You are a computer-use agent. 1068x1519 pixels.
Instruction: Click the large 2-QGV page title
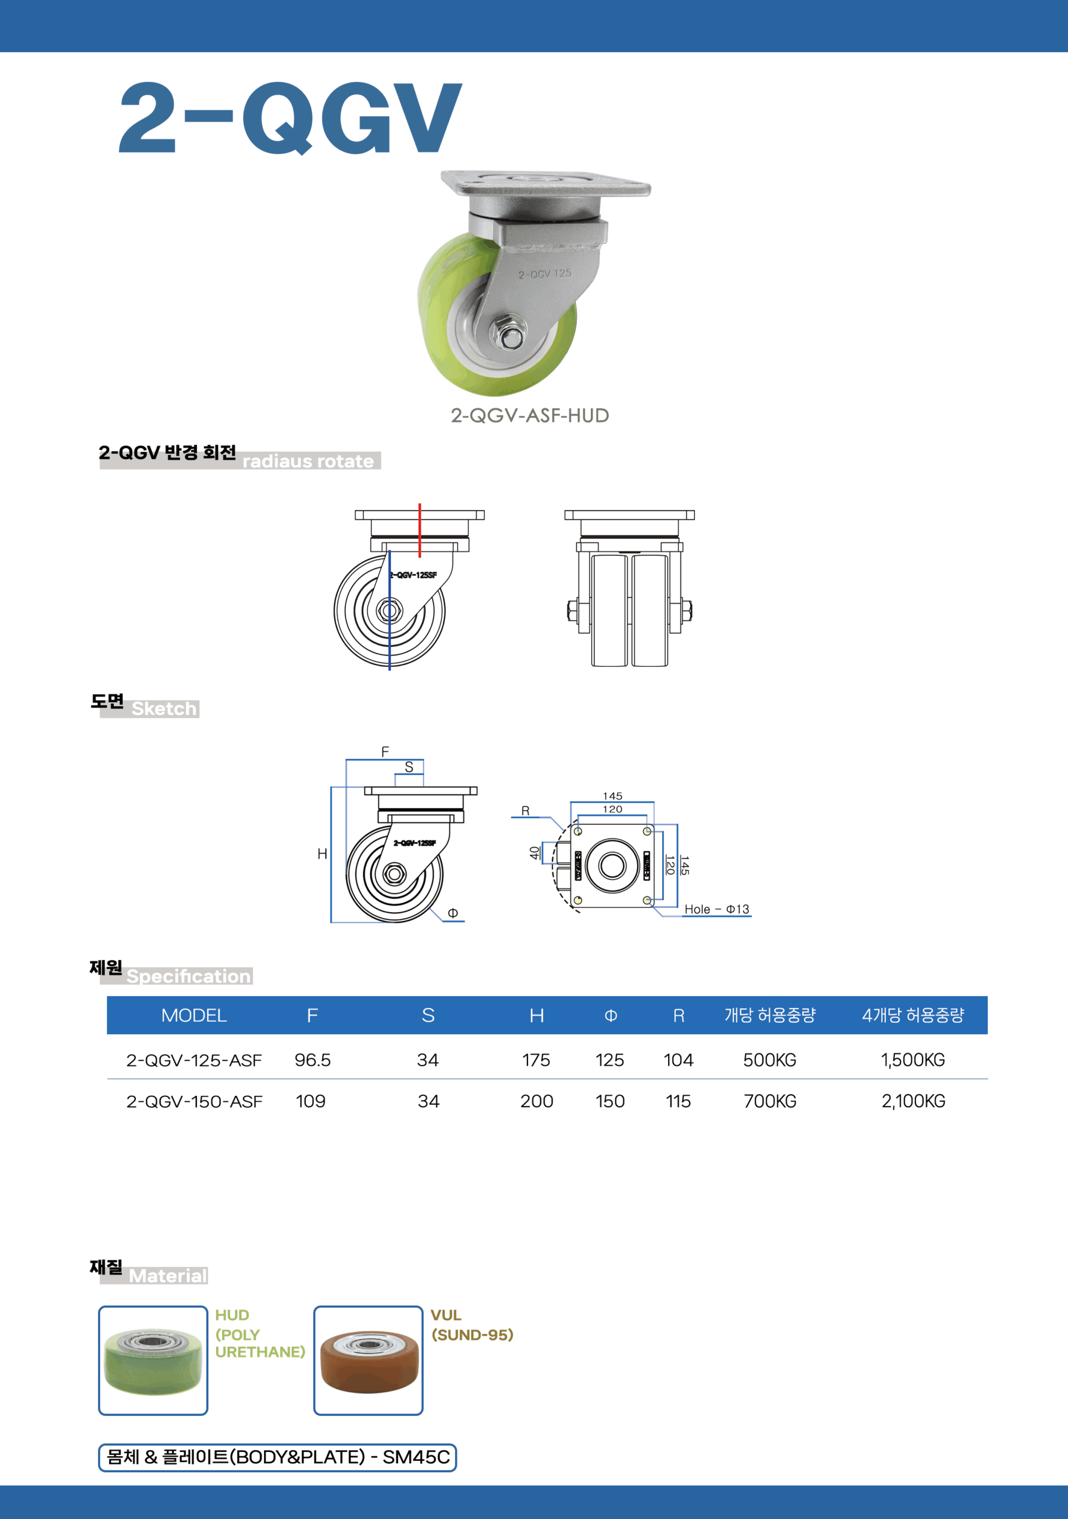click(290, 117)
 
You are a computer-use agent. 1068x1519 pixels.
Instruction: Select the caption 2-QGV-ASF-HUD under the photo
click(529, 415)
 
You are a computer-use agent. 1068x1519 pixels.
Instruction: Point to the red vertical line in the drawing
click(419, 529)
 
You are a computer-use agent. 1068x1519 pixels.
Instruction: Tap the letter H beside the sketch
click(322, 854)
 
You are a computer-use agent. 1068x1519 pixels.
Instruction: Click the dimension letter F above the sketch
click(385, 752)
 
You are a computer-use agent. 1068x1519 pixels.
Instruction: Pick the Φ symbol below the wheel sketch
click(453, 913)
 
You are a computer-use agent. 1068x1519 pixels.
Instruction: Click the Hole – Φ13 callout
click(717, 909)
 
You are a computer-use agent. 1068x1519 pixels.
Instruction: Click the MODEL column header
click(194, 1015)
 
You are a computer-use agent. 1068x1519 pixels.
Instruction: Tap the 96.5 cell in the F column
click(312, 1060)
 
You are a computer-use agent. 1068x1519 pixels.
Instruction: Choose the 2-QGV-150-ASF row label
click(194, 1101)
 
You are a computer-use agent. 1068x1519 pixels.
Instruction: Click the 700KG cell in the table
click(770, 1101)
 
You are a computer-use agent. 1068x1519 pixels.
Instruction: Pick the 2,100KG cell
click(913, 1101)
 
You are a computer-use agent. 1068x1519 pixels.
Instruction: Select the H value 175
click(536, 1060)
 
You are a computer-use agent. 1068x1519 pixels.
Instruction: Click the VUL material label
click(446, 1315)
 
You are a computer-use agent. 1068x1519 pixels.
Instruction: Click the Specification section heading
click(189, 977)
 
